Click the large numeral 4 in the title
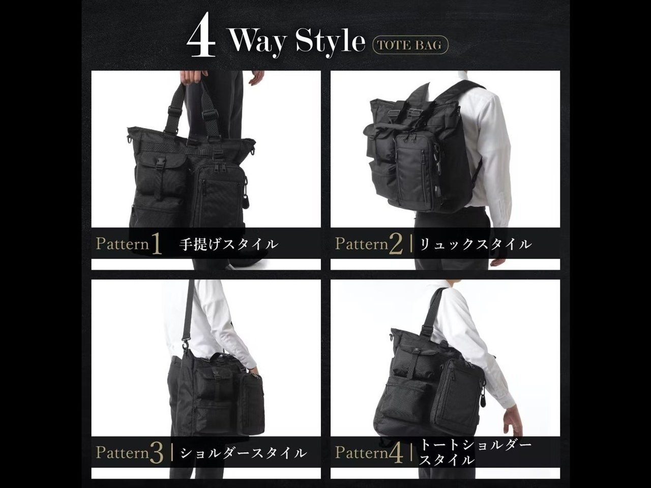(201, 35)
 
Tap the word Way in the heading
(257, 42)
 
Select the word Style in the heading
(330, 42)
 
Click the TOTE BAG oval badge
(410, 45)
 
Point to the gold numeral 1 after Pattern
(156, 243)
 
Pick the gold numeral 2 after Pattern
(397, 243)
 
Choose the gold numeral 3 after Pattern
(157, 453)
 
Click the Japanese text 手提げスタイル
(228, 245)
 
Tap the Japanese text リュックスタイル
(476, 245)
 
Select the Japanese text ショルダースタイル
(243, 453)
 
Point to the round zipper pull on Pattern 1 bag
(246, 200)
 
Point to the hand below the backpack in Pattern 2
(497, 262)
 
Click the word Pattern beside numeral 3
(122, 453)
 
